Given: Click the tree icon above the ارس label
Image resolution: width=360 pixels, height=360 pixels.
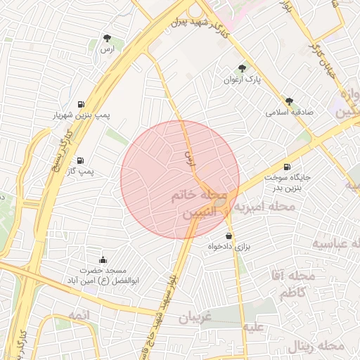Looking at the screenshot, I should pos(107,38).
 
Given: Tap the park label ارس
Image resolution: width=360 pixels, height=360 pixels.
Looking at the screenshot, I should pos(107,50).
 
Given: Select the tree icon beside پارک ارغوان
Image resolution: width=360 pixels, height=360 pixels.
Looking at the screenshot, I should pos(242,68).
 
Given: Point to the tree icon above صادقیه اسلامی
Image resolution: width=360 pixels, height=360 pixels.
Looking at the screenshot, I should pos(288,101).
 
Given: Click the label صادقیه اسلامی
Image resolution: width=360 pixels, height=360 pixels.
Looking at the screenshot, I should pos(289,112).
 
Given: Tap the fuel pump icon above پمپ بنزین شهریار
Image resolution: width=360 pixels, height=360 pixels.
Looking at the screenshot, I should pos(82,103).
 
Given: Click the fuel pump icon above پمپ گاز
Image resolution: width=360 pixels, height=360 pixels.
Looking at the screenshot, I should pos(82,160).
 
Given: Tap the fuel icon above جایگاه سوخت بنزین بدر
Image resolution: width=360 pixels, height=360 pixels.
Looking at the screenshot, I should pos(286,167).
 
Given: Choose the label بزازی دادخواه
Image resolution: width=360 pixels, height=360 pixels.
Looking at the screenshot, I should pos(229,247).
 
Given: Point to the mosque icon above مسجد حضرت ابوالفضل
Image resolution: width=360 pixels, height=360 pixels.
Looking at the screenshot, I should pos(103,259).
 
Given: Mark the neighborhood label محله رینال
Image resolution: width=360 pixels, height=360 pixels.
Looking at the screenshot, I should pos(316,346).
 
